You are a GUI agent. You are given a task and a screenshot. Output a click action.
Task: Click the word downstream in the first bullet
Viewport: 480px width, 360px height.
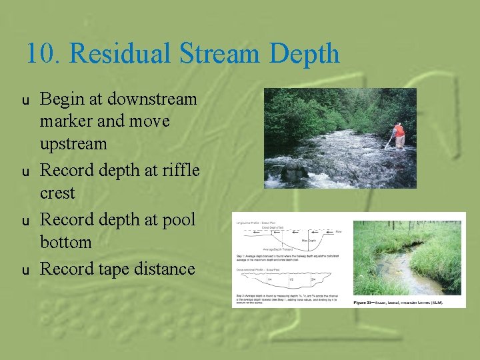point(151,99)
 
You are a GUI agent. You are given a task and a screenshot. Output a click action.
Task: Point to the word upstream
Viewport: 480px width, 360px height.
point(73,144)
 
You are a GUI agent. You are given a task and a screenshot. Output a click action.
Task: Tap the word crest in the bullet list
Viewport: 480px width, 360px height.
point(57,193)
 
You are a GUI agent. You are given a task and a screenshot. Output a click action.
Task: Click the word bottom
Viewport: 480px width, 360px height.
point(65,242)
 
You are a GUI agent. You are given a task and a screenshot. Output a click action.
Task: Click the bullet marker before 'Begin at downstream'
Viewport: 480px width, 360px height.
point(26,101)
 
